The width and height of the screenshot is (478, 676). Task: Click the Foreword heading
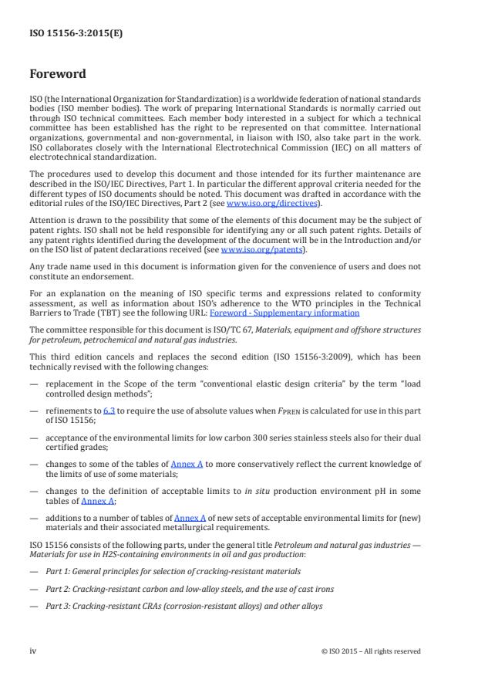click(58, 75)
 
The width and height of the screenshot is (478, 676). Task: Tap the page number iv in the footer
click(33, 651)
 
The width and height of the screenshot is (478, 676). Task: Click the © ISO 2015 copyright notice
click(371, 651)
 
